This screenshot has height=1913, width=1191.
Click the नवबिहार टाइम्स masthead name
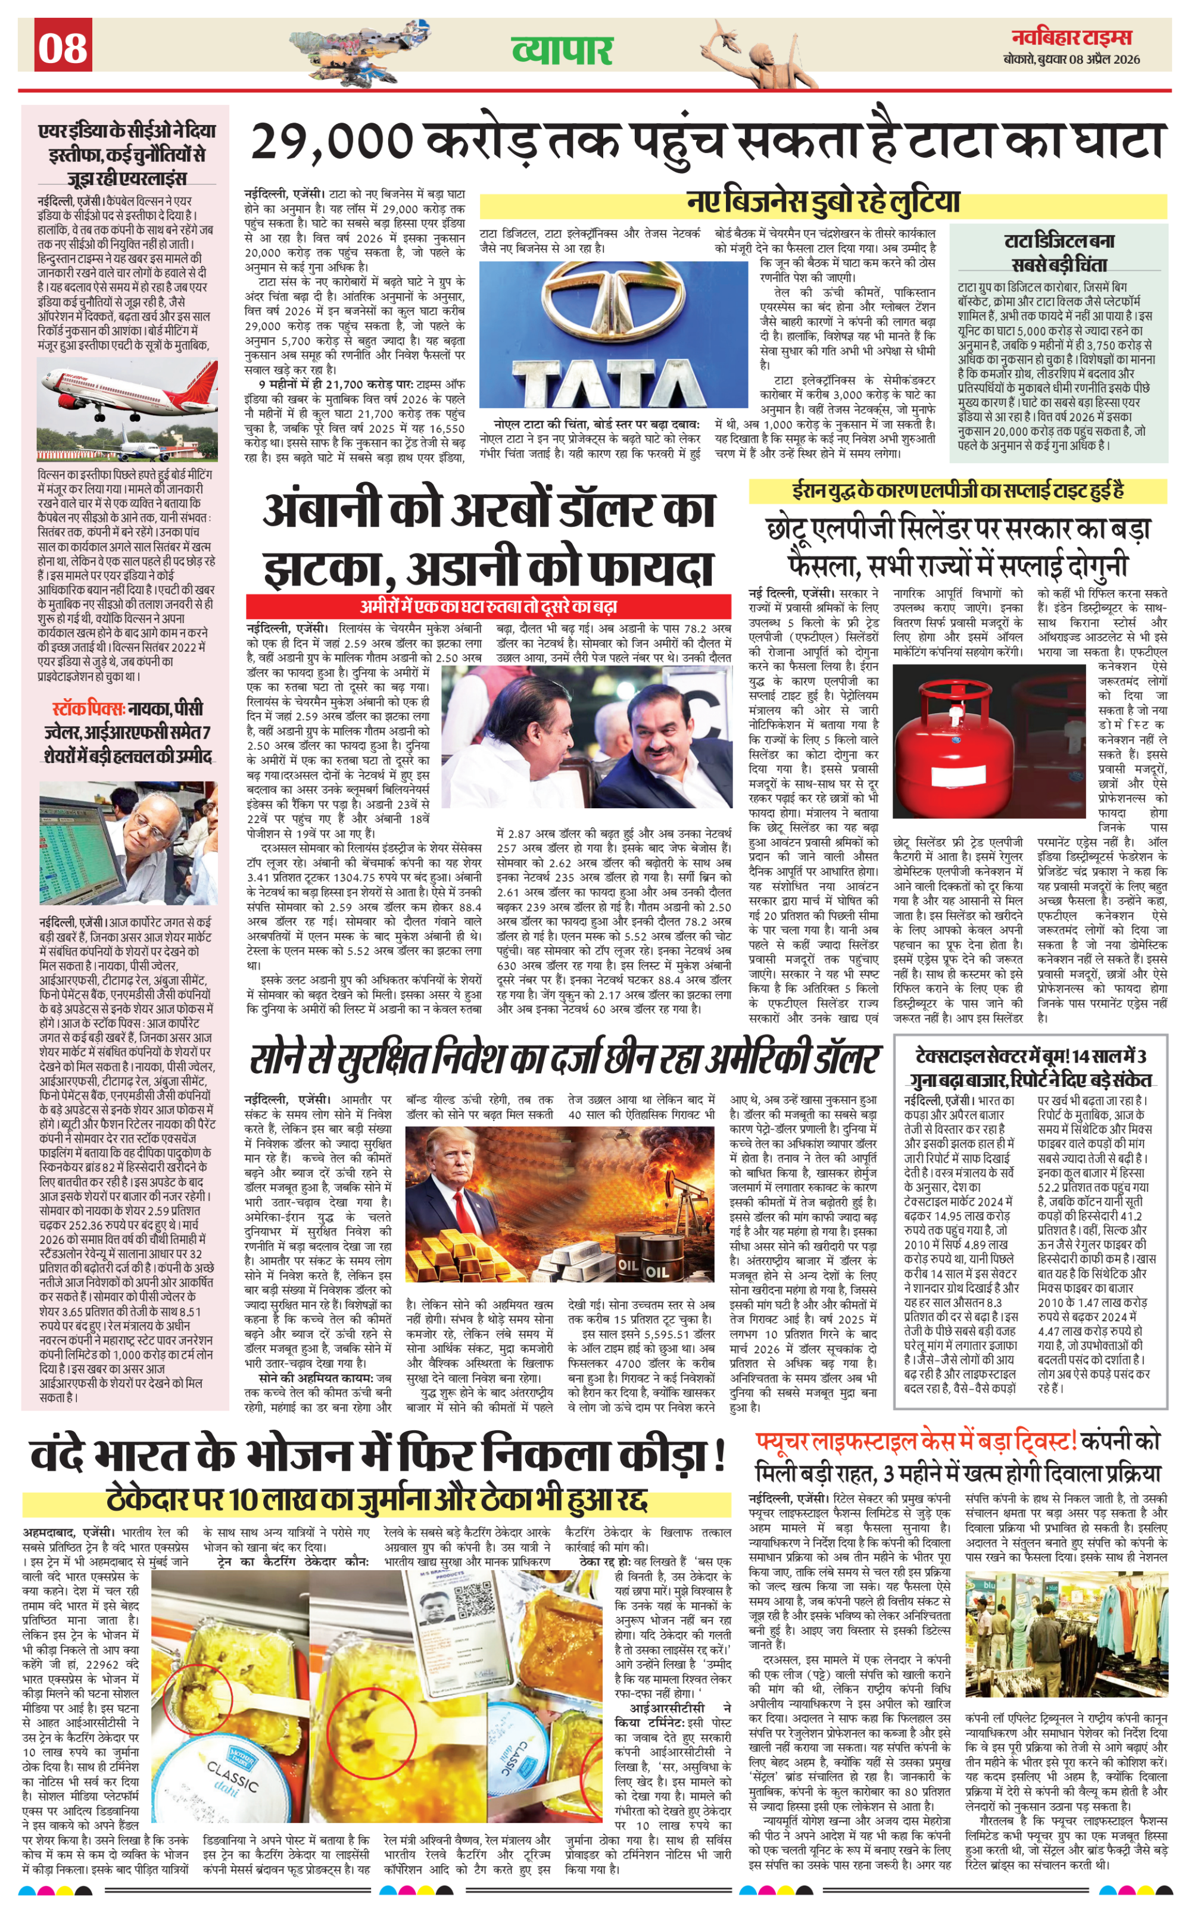[1072, 37]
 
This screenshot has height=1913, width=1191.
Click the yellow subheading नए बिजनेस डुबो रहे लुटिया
[822, 202]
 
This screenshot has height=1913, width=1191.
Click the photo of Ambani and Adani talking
[586, 737]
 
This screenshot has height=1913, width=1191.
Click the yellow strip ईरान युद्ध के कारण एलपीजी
[958, 491]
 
